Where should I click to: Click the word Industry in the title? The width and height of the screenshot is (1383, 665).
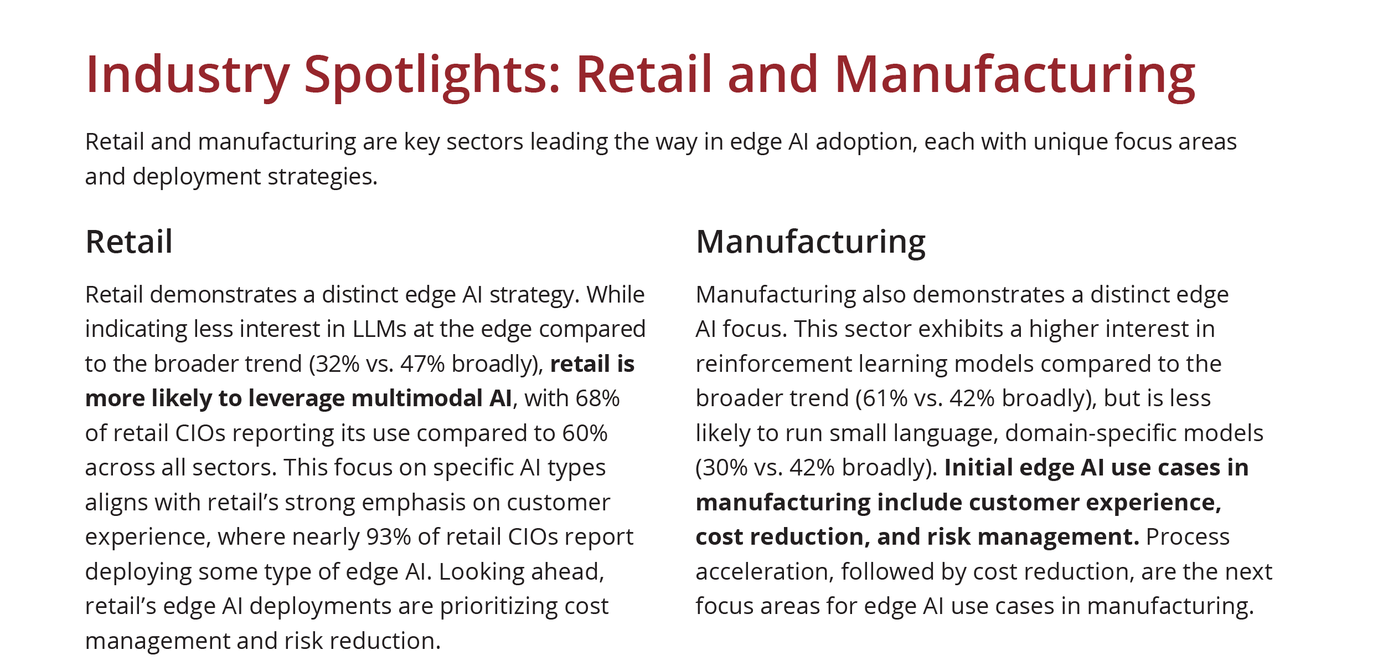187,75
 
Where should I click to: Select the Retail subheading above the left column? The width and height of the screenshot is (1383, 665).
129,242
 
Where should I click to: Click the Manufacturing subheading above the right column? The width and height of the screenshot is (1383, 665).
811,242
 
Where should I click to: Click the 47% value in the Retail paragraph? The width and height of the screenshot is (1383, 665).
422,364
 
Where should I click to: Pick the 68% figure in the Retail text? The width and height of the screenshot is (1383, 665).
597,398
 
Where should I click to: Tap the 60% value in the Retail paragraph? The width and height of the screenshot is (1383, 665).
585,433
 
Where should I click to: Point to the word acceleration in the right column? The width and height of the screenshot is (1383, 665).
764,572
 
